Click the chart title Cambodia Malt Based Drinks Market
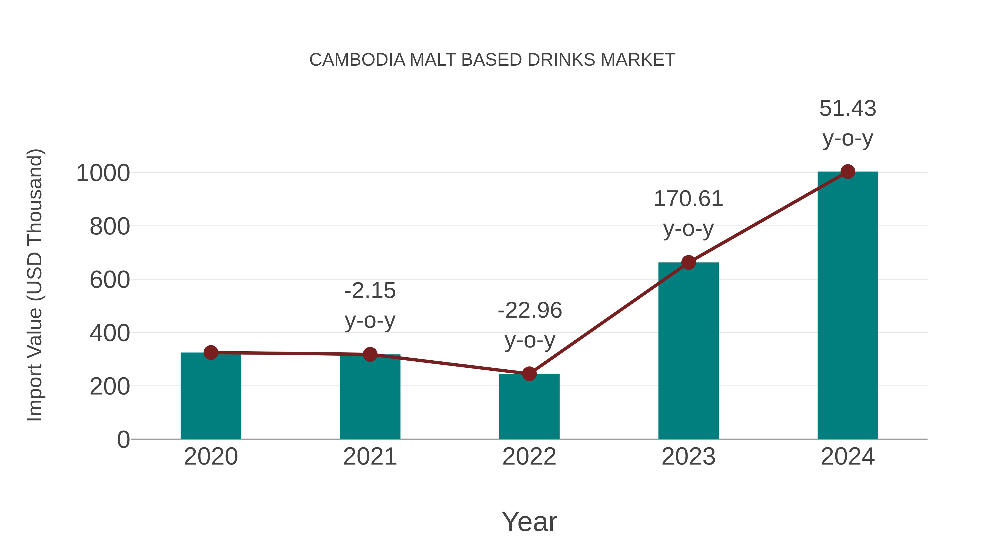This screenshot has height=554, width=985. coord(492,60)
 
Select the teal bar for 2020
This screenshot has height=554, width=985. coord(211,398)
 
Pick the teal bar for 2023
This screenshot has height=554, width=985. coord(688,352)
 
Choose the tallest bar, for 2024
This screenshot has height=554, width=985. coord(848,306)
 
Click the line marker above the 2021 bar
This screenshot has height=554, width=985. coord(370,354)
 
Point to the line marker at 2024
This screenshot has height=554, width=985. coord(848,172)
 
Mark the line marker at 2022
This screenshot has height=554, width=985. coord(529,374)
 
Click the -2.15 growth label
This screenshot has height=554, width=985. coord(370,291)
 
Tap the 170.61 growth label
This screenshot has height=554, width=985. coord(688,199)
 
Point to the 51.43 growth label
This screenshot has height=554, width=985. coord(848,109)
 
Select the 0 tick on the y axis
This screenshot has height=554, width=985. coord(123,440)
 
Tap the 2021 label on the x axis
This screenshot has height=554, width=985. coord(370,457)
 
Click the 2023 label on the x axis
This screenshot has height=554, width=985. coord(688,457)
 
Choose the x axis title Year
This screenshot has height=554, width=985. coord(529,521)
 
